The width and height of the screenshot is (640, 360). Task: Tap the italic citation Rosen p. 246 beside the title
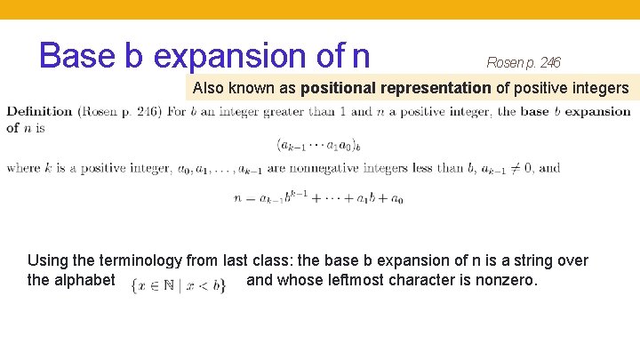524,62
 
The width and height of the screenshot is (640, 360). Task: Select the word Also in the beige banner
210,89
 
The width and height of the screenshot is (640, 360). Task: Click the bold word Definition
39,111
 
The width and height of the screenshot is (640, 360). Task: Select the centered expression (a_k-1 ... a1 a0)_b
319,143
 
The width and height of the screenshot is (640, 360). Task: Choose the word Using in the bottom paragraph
47,260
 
